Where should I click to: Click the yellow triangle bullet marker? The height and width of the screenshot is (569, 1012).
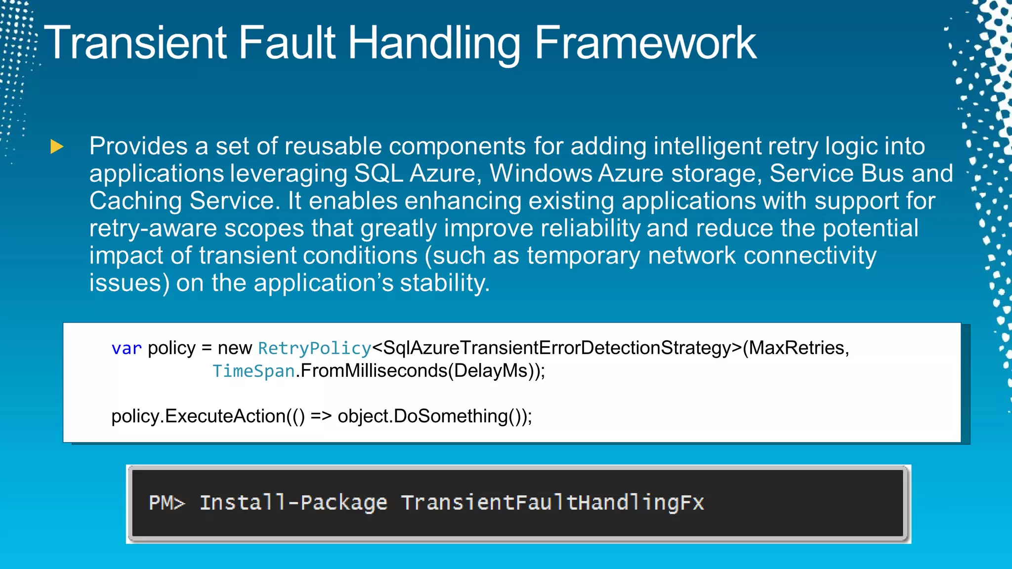57,147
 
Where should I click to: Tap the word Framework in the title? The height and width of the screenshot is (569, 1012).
645,43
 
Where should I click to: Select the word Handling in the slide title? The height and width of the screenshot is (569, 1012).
434,43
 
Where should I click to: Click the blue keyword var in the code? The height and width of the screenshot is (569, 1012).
126,348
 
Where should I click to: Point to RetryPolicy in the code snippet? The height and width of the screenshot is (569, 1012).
314,348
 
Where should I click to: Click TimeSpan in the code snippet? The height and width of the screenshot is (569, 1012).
253,371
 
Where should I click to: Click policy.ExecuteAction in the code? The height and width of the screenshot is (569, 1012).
198,416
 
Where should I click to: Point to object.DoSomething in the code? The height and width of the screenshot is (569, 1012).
422,416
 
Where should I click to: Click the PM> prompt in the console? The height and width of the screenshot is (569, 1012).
167,503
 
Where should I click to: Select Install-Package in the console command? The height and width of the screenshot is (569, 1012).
293,503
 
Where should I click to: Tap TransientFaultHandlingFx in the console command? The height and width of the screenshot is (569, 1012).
552,503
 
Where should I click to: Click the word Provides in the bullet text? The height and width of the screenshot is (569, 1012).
138,147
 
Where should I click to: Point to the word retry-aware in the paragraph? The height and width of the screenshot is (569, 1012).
153,229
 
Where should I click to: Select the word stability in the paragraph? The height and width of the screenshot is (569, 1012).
444,283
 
